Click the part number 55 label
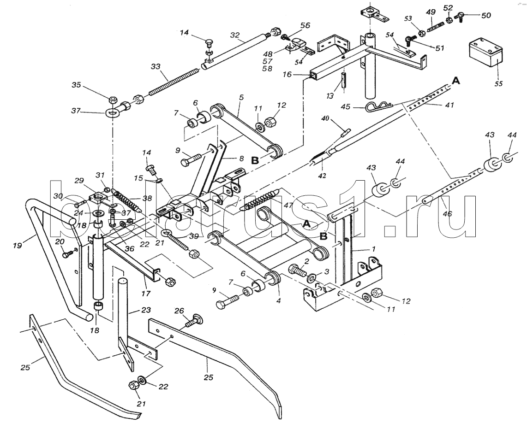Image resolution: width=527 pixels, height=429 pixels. [x=498, y=83]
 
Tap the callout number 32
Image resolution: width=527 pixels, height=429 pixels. [x=235, y=35]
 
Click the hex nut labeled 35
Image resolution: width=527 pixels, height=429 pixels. [x=113, y=100]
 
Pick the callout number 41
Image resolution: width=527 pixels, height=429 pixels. [x=449, y=106]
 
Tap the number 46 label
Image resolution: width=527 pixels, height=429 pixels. [x=448, y=213]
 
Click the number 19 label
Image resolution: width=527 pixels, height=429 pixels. [x=18, y=246]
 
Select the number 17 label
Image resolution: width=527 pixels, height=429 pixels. [x=145, y=294]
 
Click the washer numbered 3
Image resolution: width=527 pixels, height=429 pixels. [x=311, y=276]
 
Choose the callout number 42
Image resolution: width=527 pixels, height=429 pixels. [x=322, y=176]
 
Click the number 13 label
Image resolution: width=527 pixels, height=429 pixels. [x=329, y=96]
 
